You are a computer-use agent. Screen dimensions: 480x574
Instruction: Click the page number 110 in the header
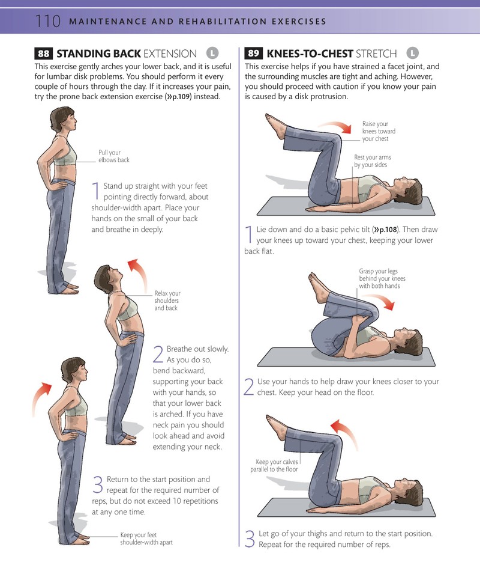47,21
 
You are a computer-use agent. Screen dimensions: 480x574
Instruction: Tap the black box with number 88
43,53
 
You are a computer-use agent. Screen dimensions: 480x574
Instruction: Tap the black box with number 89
254,53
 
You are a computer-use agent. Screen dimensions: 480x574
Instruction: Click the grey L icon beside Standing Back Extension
212,53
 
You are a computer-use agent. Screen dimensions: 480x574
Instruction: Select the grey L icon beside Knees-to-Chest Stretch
412,53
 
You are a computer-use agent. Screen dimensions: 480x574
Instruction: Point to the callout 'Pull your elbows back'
113,156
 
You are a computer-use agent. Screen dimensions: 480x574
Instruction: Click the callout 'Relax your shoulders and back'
167,301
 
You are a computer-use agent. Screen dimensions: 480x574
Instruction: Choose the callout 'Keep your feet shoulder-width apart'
146,539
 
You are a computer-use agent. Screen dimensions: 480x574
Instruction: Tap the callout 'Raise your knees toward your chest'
379,131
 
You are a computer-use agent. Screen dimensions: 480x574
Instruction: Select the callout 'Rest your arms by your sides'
372,161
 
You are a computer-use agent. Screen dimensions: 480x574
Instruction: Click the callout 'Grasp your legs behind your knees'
382,278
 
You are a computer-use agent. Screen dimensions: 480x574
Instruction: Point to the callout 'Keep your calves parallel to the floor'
274,466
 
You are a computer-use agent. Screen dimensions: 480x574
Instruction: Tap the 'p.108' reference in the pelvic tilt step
386,230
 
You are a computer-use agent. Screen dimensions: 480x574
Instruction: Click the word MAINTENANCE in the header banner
107,21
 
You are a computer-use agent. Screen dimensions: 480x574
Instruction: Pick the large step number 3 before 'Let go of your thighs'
250,539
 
